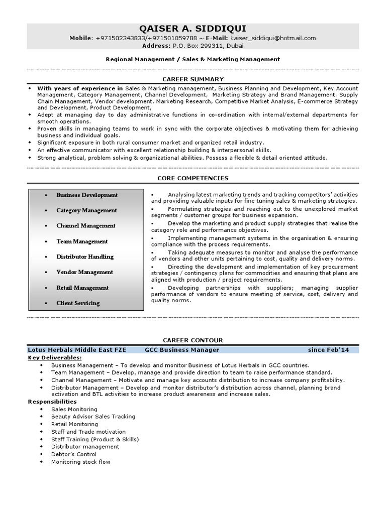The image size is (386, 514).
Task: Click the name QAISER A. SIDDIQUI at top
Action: [x=192, y=28]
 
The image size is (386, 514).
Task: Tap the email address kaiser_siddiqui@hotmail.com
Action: [x=273, y=38]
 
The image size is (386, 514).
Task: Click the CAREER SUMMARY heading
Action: [x=193, y=79]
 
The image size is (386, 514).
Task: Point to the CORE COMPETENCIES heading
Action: [x=193, y=178]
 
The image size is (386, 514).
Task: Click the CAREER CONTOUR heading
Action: [x=193, y=340]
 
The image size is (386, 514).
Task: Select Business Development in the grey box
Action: [x=87, y=195]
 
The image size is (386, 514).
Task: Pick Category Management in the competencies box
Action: [x=86, y=210]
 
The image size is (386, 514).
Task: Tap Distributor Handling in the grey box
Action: [x=85, y=256]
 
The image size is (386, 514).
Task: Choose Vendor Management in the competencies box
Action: [x=84, y=272]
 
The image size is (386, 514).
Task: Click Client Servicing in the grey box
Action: [x=78, y=303]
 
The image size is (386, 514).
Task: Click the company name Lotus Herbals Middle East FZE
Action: [x=77, y=350]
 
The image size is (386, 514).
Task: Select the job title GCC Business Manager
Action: [x=182, y=350]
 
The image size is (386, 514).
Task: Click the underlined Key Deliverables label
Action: [x=55, y=357]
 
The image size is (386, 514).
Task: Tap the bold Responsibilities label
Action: [x=52, y=402]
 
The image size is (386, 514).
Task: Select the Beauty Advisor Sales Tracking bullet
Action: [x=93, y=417]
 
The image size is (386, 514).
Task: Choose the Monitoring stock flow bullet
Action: [x=80, y=462]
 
